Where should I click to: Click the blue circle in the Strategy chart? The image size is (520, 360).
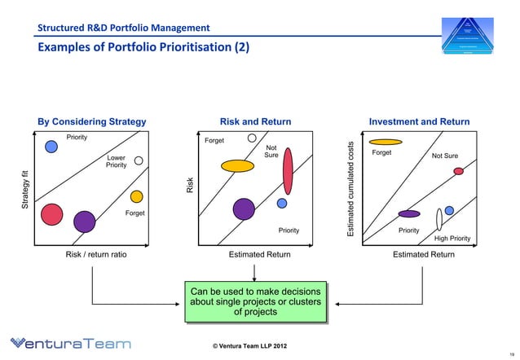(51, 147)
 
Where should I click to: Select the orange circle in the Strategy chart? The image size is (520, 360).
(136, 196)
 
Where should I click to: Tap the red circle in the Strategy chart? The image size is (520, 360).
(52, 214)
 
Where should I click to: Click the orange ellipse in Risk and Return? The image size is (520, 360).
(238, 165)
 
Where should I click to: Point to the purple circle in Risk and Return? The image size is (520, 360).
(243, 209)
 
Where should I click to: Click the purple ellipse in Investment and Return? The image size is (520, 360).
(409, 213)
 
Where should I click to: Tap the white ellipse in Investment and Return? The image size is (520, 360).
(438, 218)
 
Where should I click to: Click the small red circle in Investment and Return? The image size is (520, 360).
(458, 171)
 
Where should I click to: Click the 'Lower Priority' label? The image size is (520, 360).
(116, 161)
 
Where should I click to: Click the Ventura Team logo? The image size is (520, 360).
(71, 344)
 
